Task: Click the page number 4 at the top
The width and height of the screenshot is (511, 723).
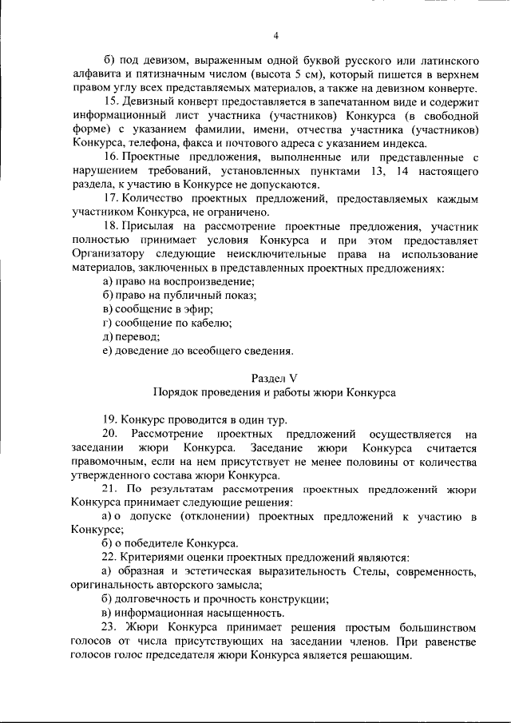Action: coord(275,35)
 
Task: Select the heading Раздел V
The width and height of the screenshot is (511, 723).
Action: coord(275,377)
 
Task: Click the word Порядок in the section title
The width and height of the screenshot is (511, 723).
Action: coord(172,392)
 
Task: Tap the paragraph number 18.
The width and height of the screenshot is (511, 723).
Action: coord(111,228)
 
